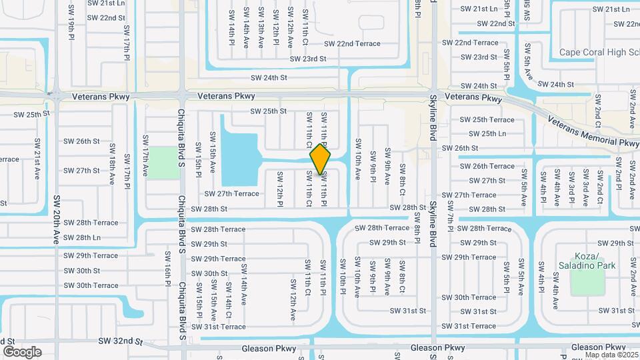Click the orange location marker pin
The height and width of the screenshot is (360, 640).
[321, 159]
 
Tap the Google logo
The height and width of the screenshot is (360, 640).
[22, 351]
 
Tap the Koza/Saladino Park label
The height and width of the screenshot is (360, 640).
[594, 261]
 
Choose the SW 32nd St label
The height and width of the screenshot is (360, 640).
[121, 341]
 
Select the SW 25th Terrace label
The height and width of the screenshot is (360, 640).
[487, 120]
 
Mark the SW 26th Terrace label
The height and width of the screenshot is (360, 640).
[487, 167]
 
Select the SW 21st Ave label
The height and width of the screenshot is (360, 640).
[37, 154]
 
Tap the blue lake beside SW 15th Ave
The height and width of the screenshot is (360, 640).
[239, 159]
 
